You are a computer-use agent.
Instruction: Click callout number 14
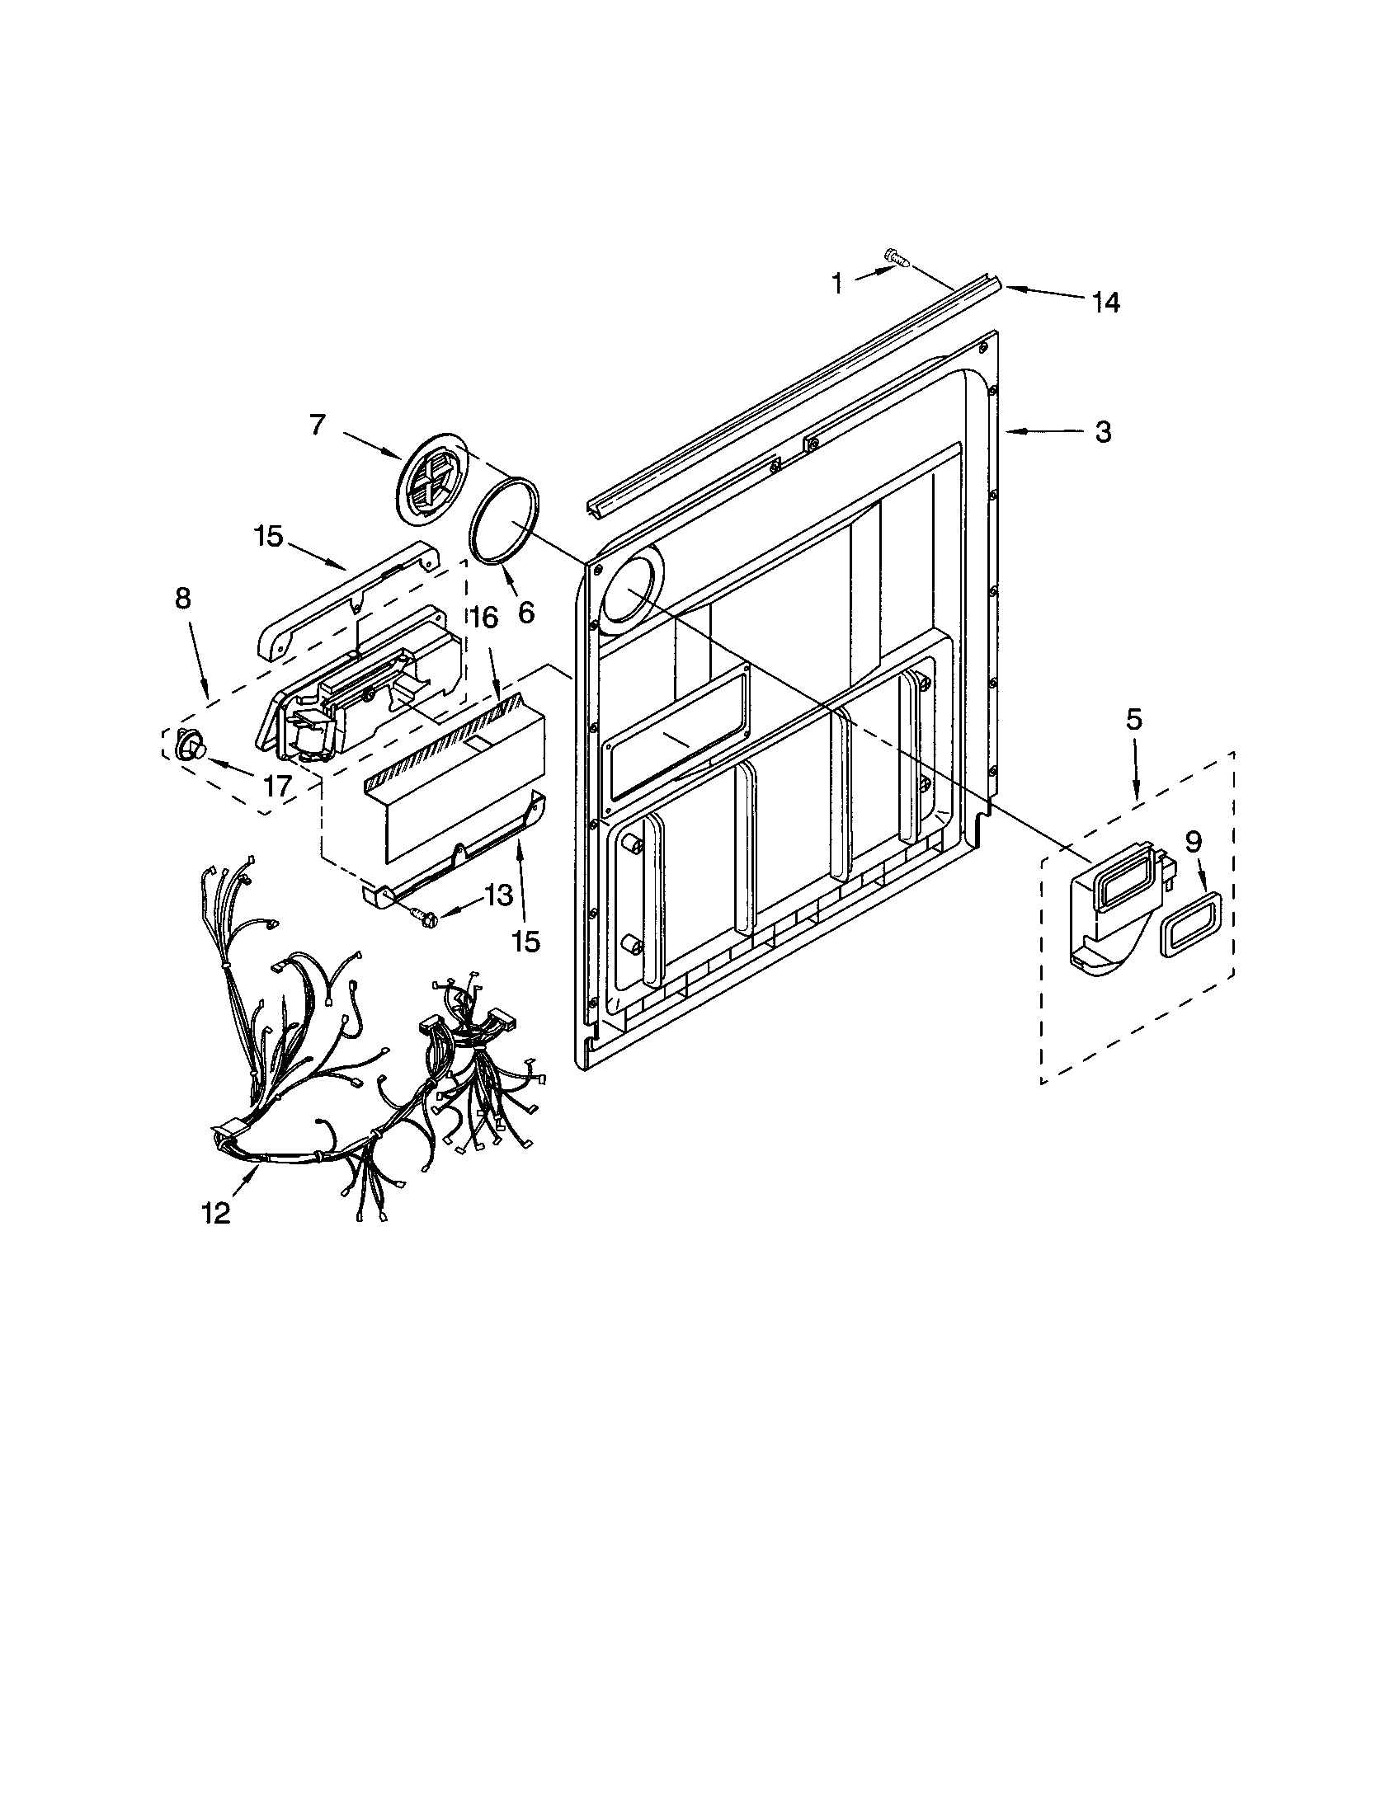pos(1105,303)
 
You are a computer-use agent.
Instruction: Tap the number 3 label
pos(1102,432)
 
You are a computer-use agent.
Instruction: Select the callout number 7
pos(316,425)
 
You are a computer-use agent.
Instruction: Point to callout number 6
pos(525,613)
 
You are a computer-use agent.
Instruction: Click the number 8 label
pos(183,598)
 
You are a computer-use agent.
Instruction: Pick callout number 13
pos(497,895)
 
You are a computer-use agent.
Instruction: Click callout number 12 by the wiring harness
pos(215,1214)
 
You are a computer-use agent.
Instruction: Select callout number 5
pos(1134,719)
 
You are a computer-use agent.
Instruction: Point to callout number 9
pos(1193,842)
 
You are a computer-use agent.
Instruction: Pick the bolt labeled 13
pos(423,917)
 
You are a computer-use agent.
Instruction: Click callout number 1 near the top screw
pos(836,284)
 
